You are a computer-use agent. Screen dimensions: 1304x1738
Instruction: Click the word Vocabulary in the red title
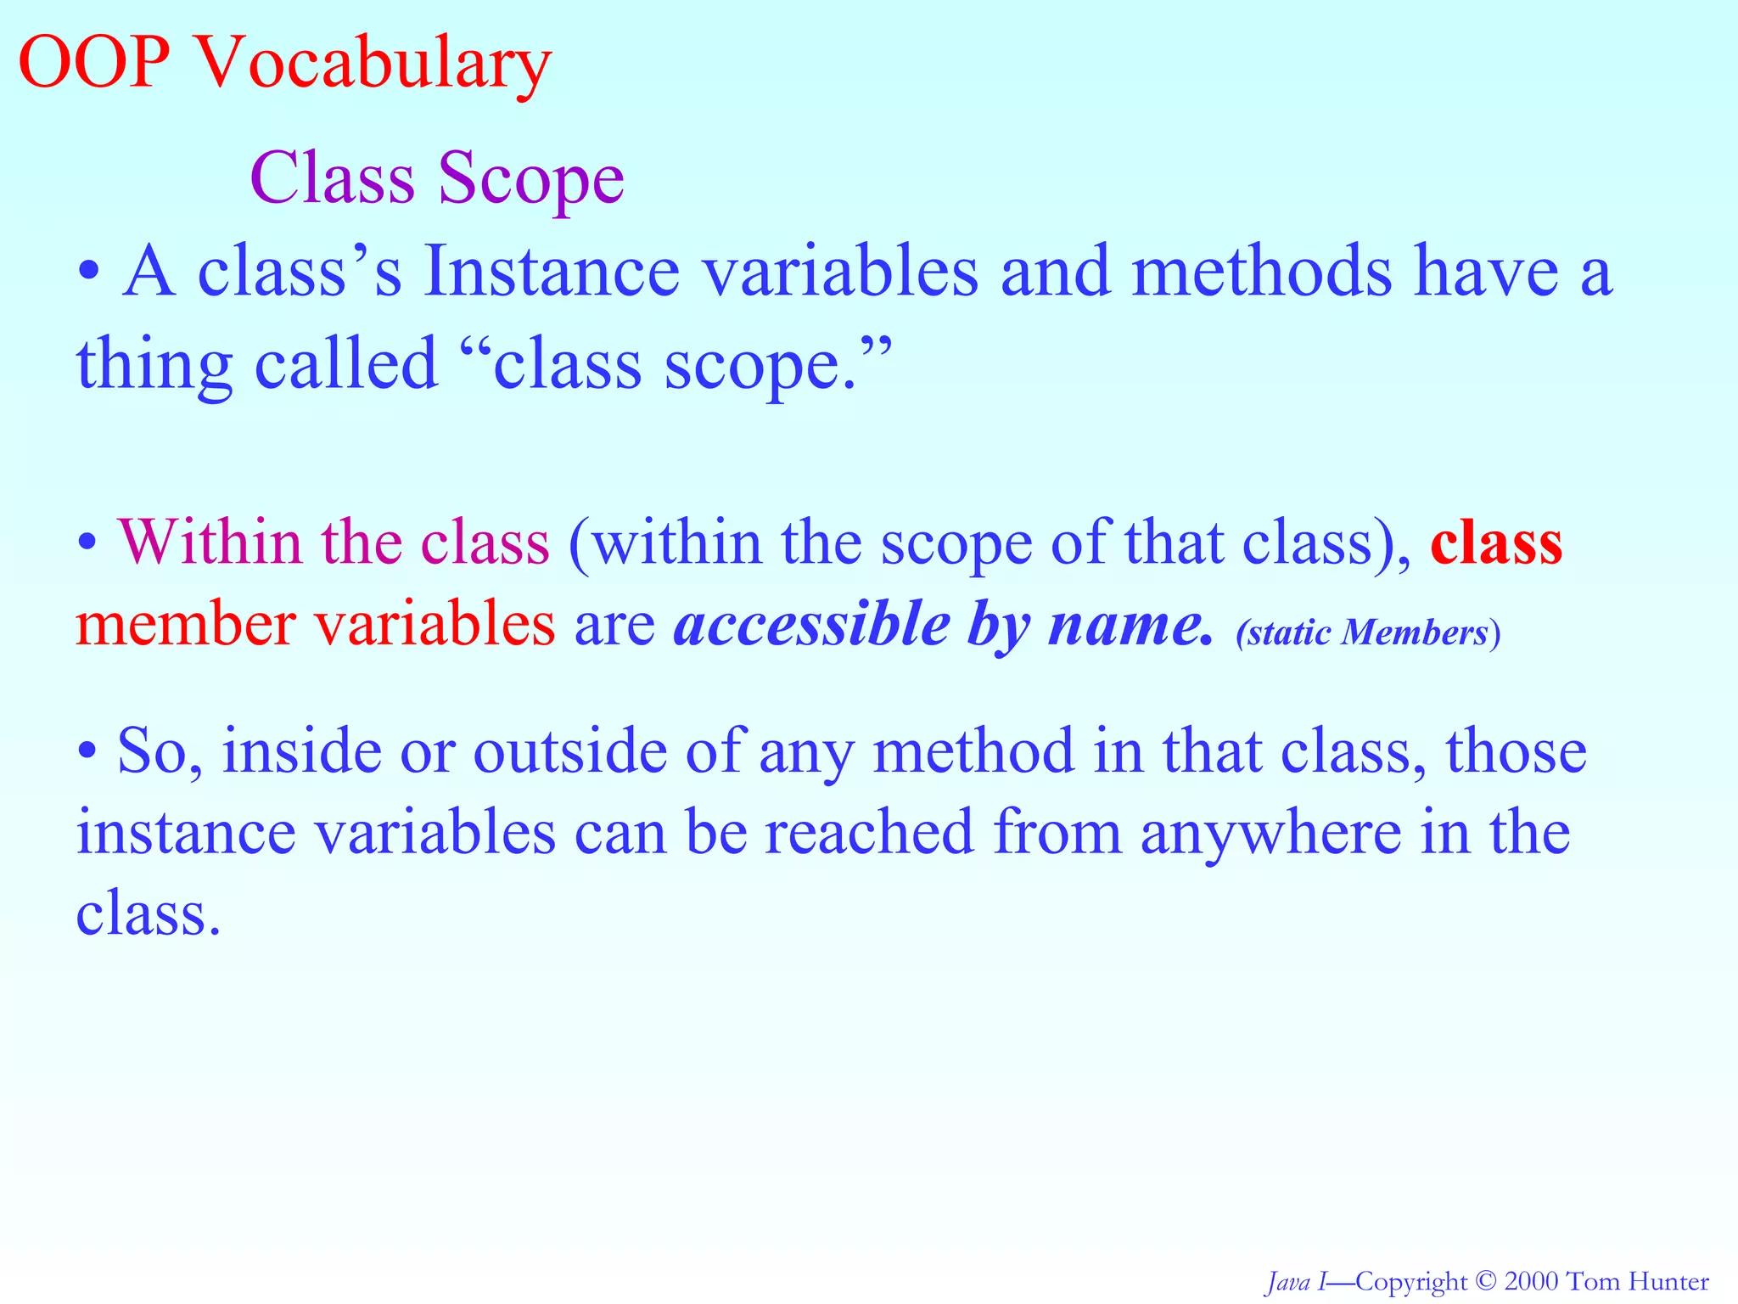tap(373, 66)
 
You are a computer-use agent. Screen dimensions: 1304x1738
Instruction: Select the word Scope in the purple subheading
tap(531, 180)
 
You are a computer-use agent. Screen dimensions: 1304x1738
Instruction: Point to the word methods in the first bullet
tap(1262, 272)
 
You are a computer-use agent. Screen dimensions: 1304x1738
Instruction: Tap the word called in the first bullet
tap(345, 363)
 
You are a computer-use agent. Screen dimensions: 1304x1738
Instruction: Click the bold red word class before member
tap(1496, 543)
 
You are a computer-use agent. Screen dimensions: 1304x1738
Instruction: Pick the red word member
tap(185, 625)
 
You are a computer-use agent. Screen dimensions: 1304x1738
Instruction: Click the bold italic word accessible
tap(810, 626)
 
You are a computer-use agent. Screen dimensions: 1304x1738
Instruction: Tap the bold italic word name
tap(1129, 626)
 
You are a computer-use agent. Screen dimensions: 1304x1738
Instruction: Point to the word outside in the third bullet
tap(569, 751)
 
